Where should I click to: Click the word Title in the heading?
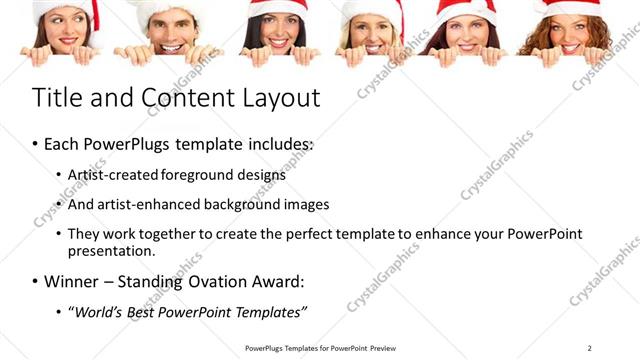click(58, 98)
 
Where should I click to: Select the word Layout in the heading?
click(276, 98)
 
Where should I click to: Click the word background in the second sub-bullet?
click(237, 204)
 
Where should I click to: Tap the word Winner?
click(73, 281)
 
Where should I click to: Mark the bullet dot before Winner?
click(35, 281)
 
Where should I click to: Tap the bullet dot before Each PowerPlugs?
click(35, 144)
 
